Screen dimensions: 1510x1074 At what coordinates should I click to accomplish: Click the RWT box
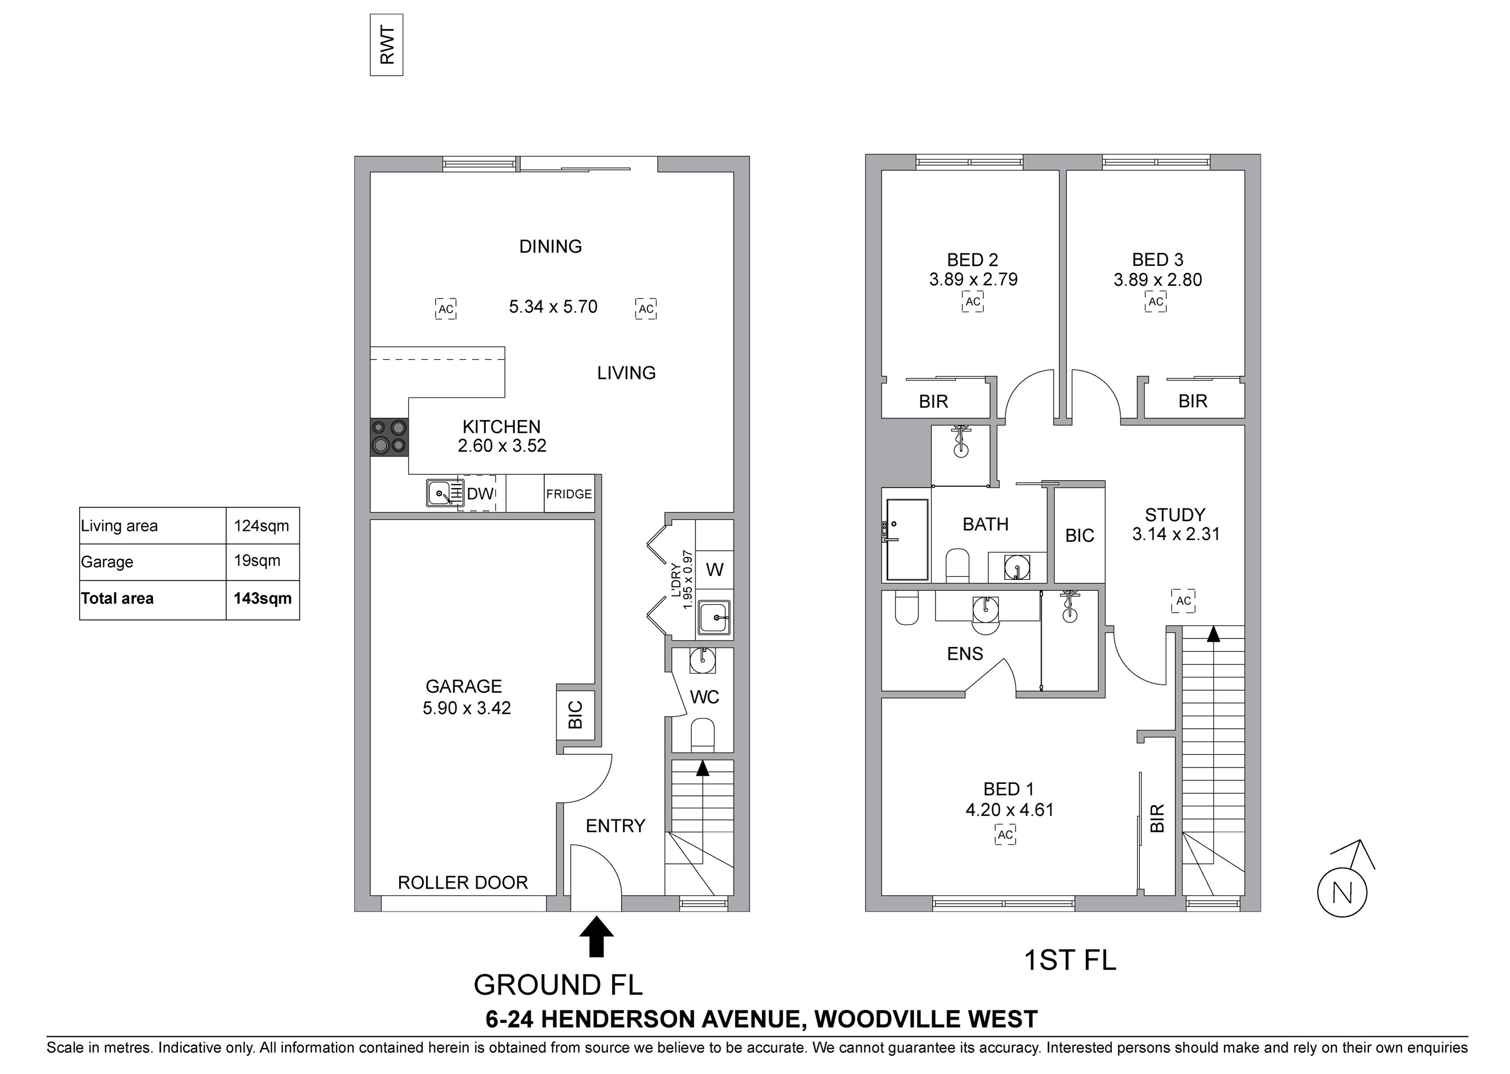(386, 45)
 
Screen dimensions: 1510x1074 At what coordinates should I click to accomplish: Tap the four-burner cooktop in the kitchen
(389, 437)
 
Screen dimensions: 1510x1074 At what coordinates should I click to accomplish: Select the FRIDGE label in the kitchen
(569, 494)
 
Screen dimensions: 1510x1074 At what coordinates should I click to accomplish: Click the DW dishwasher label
(480, 493)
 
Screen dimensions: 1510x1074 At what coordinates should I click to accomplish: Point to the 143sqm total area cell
(263, 598)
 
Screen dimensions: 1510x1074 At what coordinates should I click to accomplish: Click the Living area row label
(119, 526)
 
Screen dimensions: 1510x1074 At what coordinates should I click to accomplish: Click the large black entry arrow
(597, 936)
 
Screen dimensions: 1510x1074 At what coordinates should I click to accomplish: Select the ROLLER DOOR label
(463, 883)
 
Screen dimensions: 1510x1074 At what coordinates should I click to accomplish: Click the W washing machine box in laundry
(714, 569)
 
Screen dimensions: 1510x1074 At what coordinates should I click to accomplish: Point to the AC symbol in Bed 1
(1005, 835)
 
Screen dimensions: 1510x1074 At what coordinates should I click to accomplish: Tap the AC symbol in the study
(1183, 601)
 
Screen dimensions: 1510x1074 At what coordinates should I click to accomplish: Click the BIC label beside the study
(1079, 536)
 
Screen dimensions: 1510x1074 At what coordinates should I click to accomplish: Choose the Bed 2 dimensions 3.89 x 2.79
(973, 280)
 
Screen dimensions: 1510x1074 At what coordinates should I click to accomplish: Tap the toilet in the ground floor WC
(702, 736)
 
